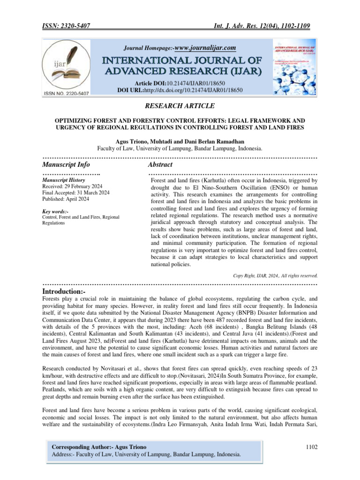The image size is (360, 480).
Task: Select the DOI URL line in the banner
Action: (x=180, y=89)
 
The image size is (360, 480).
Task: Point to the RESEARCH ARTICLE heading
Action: (x=180, y=106)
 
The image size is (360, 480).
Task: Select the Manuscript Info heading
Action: (x=66, y=165)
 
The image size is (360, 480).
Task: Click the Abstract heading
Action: (x=160, y=165)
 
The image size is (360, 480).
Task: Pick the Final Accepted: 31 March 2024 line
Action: (x=76, y=193)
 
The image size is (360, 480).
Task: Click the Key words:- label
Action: (x=55, y=211)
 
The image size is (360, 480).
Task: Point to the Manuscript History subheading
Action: (x=63, y=180)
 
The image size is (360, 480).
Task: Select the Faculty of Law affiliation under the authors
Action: (x=180, y=149)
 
